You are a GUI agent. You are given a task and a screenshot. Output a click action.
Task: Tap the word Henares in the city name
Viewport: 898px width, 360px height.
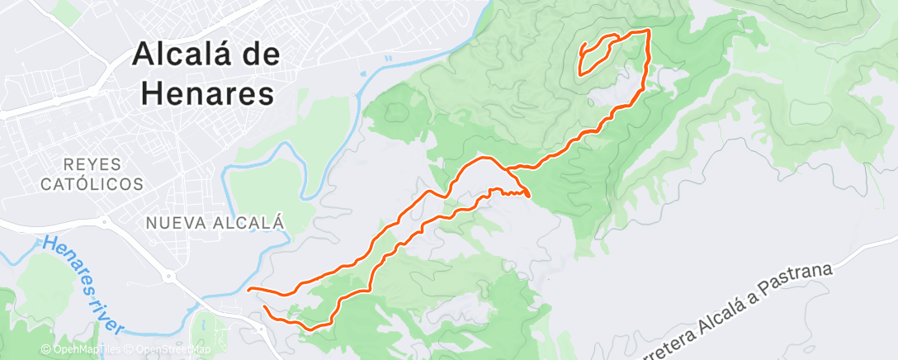(x=207, y=93)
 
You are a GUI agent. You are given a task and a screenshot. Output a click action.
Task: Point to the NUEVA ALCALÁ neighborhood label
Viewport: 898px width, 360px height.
(x=214, y=223)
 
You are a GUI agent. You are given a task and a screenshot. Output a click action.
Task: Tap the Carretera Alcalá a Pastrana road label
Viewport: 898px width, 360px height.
(x=743, y=310)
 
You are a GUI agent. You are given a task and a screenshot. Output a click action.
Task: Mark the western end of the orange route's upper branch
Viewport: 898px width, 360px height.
(x=249, y=289)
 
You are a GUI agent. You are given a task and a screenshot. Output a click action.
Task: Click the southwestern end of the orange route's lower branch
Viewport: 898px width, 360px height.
(x=265, y=307)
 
